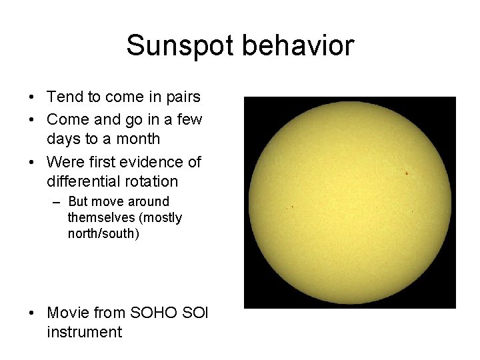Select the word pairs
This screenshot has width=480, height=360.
point(182,97)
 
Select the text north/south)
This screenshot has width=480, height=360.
point(103,234)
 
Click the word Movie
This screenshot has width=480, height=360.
point(68,313)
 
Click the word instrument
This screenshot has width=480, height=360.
point(85,332)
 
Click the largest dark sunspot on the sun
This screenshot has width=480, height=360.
point(406,173)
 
